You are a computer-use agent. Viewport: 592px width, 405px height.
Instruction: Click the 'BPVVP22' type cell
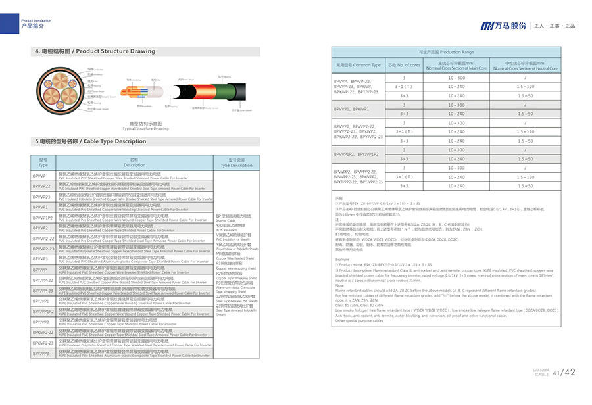[43, 187]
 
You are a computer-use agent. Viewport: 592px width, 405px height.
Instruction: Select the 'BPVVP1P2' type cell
[43, 218]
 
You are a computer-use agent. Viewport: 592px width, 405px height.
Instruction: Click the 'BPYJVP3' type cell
[43, 353]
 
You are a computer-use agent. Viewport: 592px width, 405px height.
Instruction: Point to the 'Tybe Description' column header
[236, 162]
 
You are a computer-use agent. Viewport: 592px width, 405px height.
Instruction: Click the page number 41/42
[564, 373]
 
